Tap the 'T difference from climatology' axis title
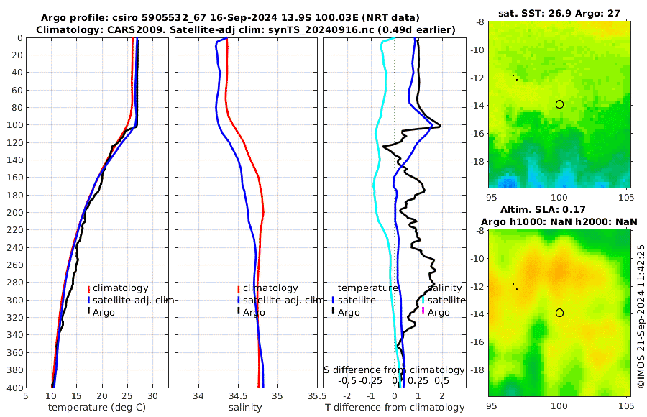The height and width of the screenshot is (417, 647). [x=395, y=408]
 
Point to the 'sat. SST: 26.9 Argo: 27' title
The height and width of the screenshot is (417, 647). [x=559, y=13]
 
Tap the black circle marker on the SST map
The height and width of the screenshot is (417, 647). [x=559, y=104]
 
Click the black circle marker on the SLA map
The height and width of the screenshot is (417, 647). [x=559, y=313]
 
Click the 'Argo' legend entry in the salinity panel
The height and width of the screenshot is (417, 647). [x=254, y=312]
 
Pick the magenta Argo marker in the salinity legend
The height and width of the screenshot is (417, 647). [x=423, y=312]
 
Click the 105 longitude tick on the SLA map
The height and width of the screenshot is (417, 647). [x=625, y=403]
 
